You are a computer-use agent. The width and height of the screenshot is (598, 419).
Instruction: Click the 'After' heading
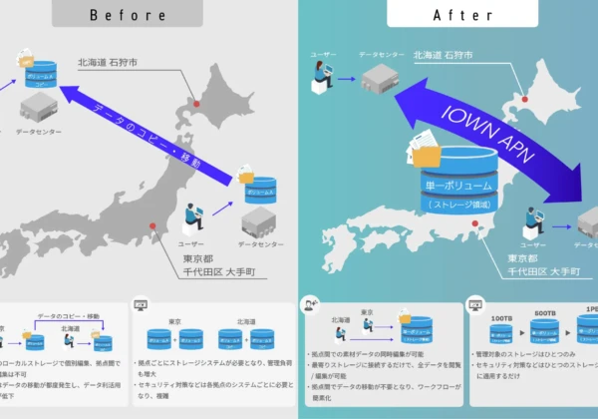451,15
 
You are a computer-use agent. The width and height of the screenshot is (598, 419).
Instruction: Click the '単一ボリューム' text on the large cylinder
453,186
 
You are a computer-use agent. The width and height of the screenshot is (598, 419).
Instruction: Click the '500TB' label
544,314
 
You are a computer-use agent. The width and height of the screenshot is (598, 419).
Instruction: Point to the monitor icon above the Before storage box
141,301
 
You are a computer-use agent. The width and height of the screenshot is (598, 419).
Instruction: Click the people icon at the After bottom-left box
311,301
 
